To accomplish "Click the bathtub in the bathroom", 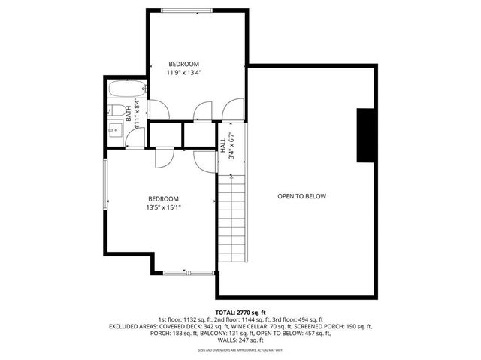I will (122, 90).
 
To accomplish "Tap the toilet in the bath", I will (118, 112).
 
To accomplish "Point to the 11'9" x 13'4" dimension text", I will (183, 73).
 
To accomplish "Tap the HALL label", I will (223, 145).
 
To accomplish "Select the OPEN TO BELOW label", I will (301, 196).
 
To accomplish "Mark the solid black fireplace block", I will (366, 135).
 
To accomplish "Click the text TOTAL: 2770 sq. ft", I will (240, 312).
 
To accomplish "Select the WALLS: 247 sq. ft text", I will (240, 340).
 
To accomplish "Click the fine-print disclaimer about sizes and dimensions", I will (240, 350).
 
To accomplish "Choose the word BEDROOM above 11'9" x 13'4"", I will (183, 63).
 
